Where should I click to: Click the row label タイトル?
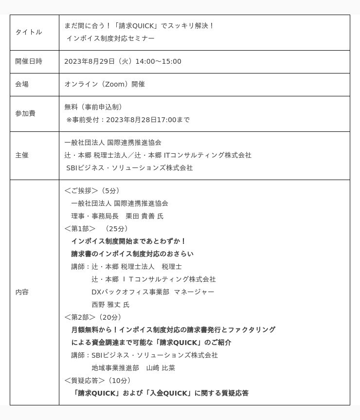tap(28, 32)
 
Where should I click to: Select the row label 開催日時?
tap(28, 61)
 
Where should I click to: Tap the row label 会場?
tap(22, 84)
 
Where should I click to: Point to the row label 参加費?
tap(25, 113)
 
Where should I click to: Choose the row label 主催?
tap(22, 155)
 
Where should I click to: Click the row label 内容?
tap(22, 292)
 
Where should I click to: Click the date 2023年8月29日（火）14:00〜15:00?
tap(123, 61)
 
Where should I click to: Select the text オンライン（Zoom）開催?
tap(105, 84)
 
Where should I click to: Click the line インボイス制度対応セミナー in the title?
tap(110, 38)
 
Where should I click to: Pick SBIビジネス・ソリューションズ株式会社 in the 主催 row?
tap(129, 168)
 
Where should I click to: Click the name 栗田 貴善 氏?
tap(144, 216)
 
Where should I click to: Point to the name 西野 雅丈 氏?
tap(110, 305)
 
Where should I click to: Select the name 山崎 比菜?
tap(161, 368)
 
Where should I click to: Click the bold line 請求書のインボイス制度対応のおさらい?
tap(132, 254)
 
